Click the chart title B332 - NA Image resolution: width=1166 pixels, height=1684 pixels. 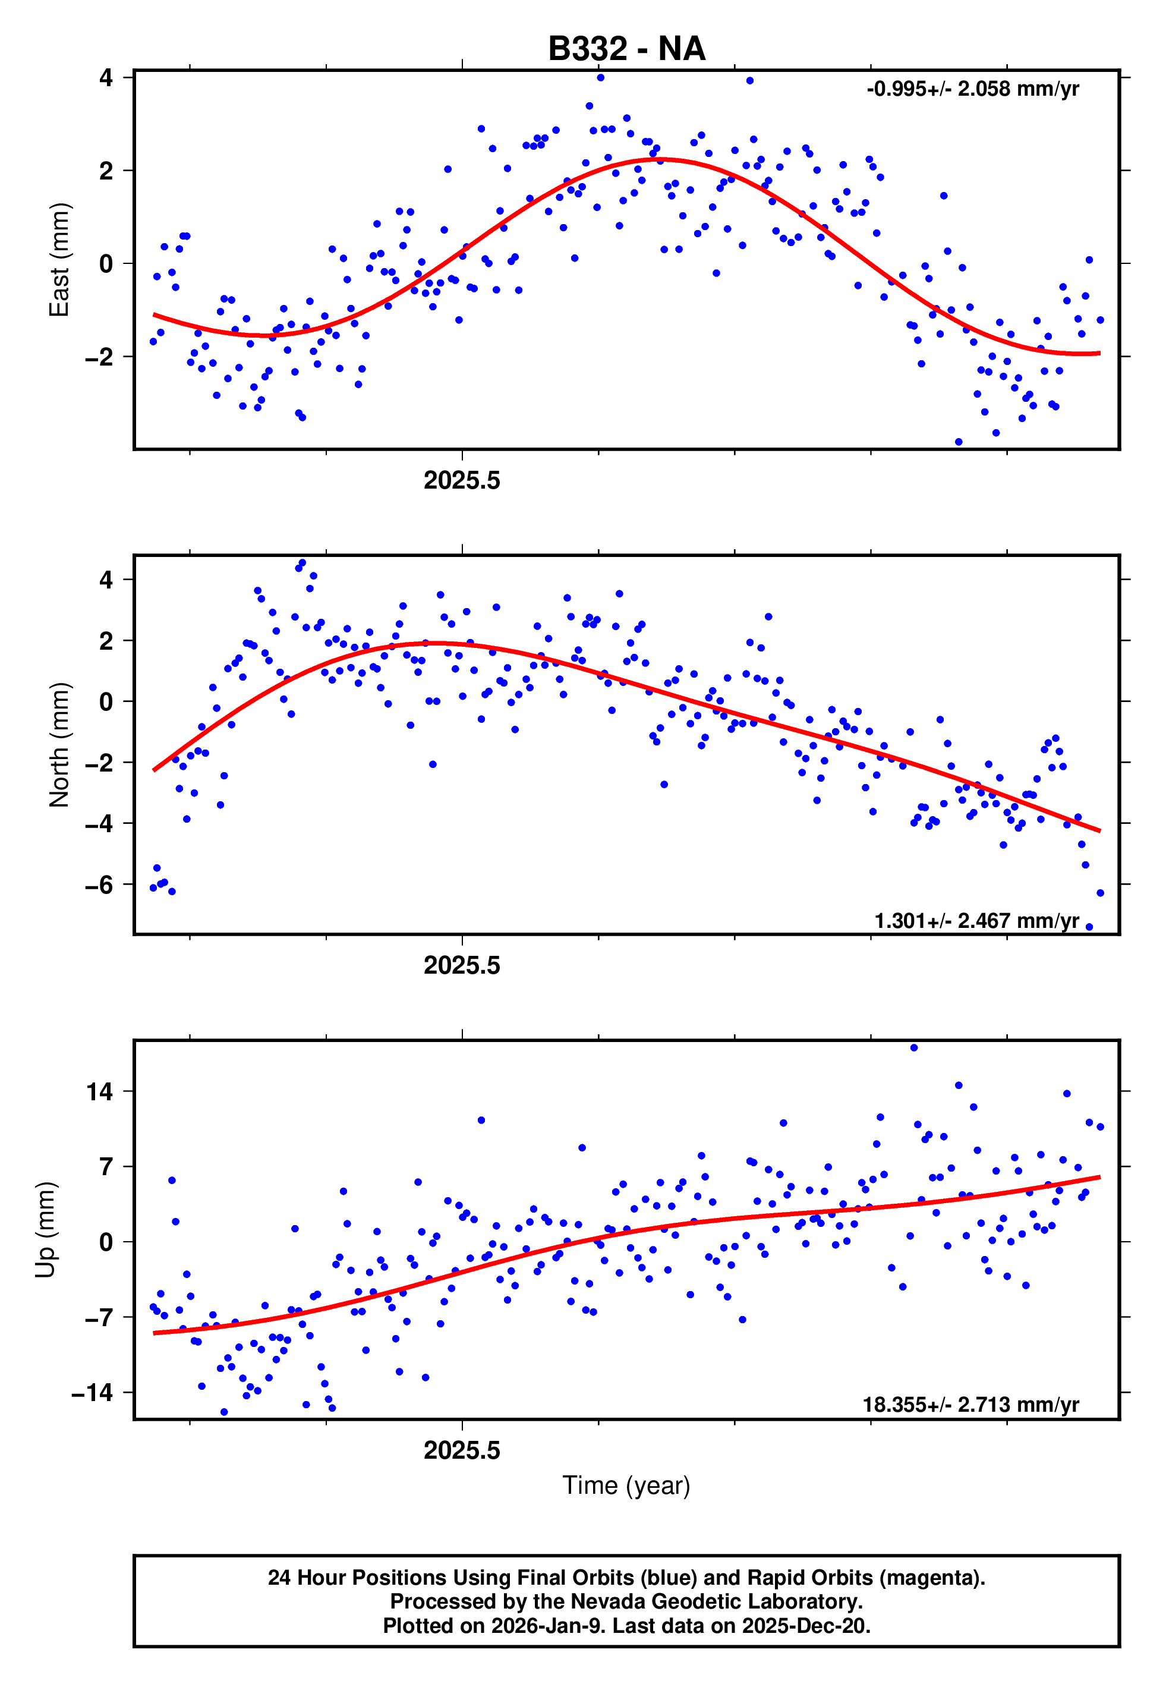626,49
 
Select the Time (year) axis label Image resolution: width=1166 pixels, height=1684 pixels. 626,1485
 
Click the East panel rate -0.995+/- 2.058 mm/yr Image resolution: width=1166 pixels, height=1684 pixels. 972,89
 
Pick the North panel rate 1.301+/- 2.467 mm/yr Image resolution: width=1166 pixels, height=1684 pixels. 977,921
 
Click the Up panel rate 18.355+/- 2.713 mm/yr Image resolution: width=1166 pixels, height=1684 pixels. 971,1404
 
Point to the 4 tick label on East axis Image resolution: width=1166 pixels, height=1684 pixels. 106,77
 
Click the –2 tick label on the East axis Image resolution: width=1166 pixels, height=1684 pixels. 99,357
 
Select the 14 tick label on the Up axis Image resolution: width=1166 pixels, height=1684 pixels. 100,1092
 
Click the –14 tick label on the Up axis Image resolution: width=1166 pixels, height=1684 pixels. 92,1393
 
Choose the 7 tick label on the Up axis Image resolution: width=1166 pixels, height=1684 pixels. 106,1167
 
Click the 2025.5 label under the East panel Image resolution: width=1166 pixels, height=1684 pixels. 462,481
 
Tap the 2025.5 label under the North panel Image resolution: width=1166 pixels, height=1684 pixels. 462,966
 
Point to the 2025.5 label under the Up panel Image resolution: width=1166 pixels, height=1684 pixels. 462,1450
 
